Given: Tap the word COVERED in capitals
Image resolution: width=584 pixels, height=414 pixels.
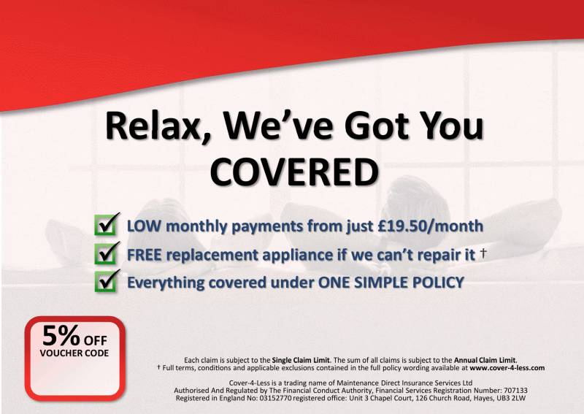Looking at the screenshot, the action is coord(294,172).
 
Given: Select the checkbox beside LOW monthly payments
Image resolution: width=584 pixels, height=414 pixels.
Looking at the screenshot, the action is coord(107,224).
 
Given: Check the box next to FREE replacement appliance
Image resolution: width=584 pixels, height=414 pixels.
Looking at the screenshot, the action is coord(107,253).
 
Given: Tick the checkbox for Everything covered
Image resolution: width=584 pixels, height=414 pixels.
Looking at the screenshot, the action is coord(107,280).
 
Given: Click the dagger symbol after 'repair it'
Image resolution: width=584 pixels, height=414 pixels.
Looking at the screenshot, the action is coord(483,253).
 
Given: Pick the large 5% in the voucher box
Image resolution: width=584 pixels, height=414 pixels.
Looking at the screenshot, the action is coord(61,335).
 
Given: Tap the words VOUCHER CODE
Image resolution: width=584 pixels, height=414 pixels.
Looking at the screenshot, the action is coord(74,353).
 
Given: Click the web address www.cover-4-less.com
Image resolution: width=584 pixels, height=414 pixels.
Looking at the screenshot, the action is coord(507,368).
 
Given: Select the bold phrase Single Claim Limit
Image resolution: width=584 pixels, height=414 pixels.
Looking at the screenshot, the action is coord(301,361).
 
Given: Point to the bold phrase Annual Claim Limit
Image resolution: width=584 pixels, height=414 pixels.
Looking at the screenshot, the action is coord(485,361).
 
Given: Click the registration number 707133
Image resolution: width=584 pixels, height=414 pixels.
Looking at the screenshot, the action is coord(515,391).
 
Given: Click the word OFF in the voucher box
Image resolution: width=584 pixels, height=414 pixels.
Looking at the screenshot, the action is coord(96,340).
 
